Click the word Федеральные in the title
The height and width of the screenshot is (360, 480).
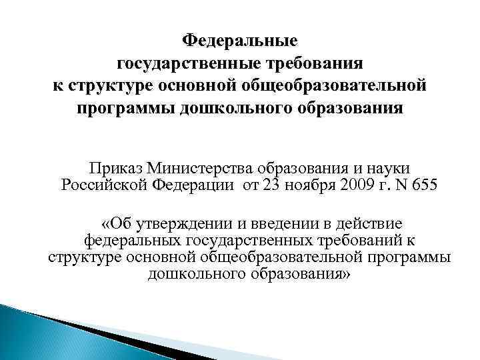(240, 41)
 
